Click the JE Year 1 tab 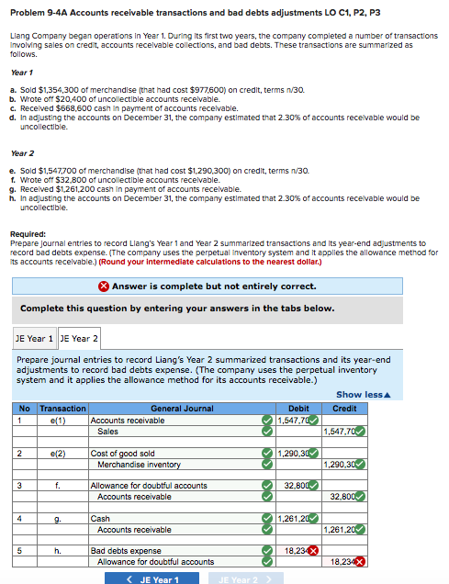point(34,339)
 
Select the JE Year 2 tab point(80,339)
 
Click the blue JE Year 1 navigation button point(152,578)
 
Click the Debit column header point(298,408)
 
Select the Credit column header point(344,408)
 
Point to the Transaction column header point(63,408)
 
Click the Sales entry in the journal point(107,432)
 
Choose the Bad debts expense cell point(126,550)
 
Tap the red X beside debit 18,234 point(314,551)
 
